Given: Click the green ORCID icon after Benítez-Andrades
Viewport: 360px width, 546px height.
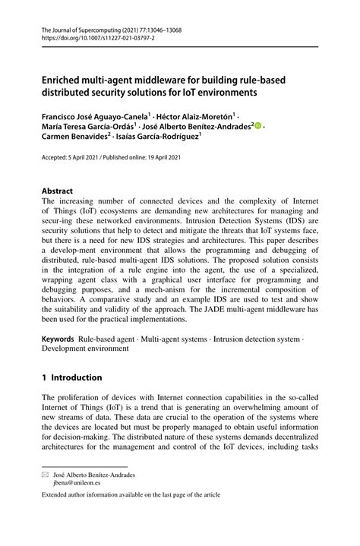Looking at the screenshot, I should click(x=258, y=128).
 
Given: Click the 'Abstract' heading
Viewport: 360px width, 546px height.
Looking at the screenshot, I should click(x=57, y=191).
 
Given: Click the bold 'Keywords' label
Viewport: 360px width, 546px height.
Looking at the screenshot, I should click(x=58, y=339).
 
